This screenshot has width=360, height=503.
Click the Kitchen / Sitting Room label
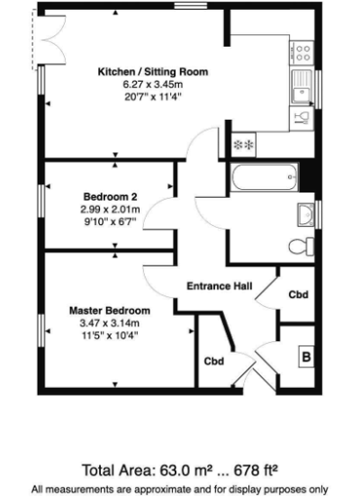point(152,71)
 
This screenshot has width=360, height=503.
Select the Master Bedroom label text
point(110,310)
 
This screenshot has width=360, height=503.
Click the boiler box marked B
point(306,356)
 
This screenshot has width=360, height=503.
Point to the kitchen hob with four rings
point(303,52)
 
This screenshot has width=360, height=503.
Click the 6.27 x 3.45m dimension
point(152,84)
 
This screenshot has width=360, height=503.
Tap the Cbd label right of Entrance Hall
point(298,294)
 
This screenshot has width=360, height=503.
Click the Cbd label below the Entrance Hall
point(213,361)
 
